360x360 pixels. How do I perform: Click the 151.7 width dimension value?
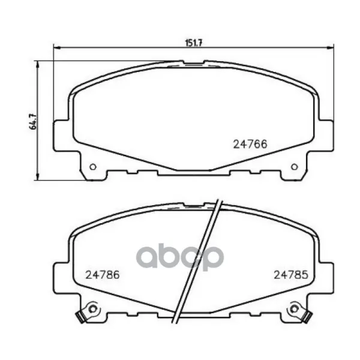pos(194,43)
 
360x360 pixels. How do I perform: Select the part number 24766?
pos(250,145)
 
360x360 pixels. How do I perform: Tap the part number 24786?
pos(103,275)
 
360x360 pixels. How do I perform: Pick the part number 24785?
pos(291,275)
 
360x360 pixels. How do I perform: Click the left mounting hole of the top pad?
pos(93,167)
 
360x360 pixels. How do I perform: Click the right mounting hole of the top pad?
pos(295,167)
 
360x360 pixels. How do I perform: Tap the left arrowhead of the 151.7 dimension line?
pos(56,48)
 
